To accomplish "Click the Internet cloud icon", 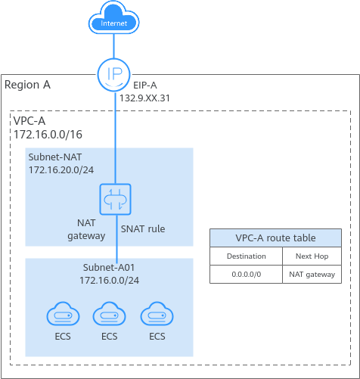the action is [x=113, y=17].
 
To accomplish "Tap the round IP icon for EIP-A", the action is [x=114, y=74].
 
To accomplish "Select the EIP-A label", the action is [x=145, y=85].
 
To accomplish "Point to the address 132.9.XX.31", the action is [x=144, y=98].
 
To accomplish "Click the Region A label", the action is [x=27, y=85].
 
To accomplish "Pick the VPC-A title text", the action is [x=29, y=121].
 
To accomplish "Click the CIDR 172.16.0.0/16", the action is [x=48, y=135].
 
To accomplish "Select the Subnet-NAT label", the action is [x=55, y=157].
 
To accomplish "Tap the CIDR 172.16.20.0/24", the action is [x=61, y=170].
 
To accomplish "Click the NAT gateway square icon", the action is [x=115, y=199].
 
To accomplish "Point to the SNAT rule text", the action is [x=143, y=229].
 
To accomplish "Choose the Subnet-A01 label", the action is [x=109, y=268].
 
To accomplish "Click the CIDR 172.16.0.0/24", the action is [x=109, y=281].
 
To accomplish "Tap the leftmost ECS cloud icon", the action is [x=63, y=314].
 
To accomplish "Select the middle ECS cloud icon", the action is [x=110, y=314].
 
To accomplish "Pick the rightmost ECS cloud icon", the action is [x=157, y=314].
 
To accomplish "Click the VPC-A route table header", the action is [x=275, y=238].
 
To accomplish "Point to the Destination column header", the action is [x=247, y=256].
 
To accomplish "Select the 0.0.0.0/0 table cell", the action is [x=247, y=275].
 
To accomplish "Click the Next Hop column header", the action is [x=312, y=256].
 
